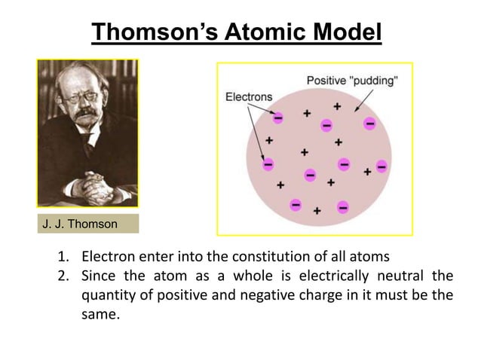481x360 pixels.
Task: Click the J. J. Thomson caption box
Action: click(x=87, y=224)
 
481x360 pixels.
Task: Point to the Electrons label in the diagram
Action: click(x=250, y=98)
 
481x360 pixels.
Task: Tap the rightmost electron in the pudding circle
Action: click(x=381, y=166)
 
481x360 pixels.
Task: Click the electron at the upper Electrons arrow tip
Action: click(x=278, y=118)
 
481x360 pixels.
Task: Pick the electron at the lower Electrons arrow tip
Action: click(x=267, y=163)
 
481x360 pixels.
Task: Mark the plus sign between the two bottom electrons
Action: click(x=318, y=211)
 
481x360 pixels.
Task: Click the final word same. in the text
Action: click(x=100, y=315)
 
